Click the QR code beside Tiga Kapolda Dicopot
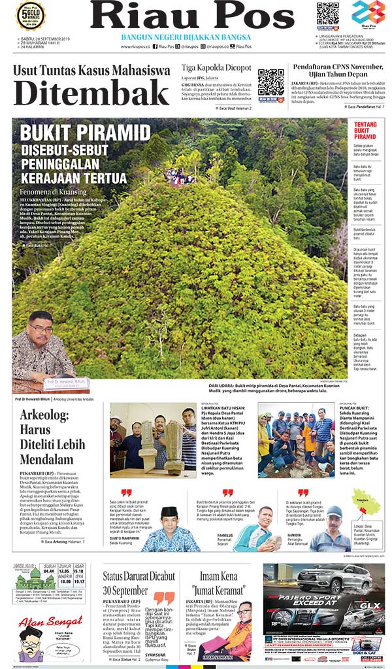(x=270, y=82)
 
